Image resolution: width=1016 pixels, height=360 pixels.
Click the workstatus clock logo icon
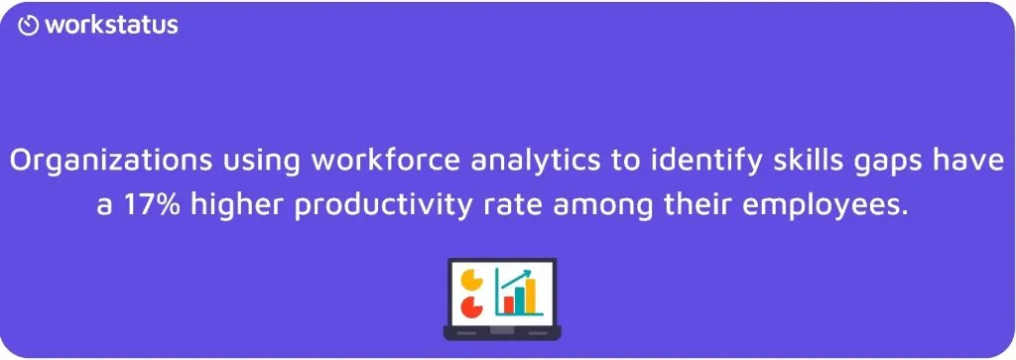[x=29, y=26]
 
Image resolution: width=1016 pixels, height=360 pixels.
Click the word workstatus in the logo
[x=111, y=25]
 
